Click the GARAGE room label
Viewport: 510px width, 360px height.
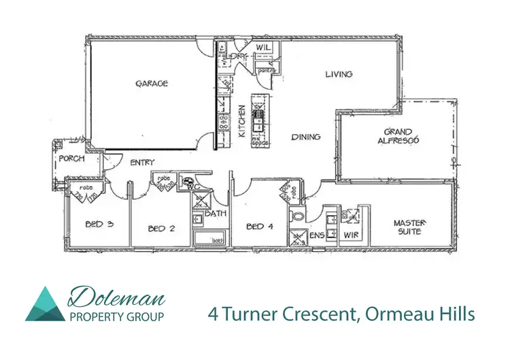[x=151, y=84]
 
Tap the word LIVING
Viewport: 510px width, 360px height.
[x=338, y=74]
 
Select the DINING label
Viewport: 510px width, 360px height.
[x=305, y=137]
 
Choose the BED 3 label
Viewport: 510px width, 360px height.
[x=99, y=223]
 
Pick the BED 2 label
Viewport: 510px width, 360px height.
[x=162, y=229]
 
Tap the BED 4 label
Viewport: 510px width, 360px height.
[x=259, y=227]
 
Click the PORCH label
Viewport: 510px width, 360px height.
[x=71, y=159]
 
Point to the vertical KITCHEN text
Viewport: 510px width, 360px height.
[x=241, y=121]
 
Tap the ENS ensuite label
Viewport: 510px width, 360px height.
[x=316, y=235]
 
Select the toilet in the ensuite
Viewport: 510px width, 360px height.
[x=297, y=217]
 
